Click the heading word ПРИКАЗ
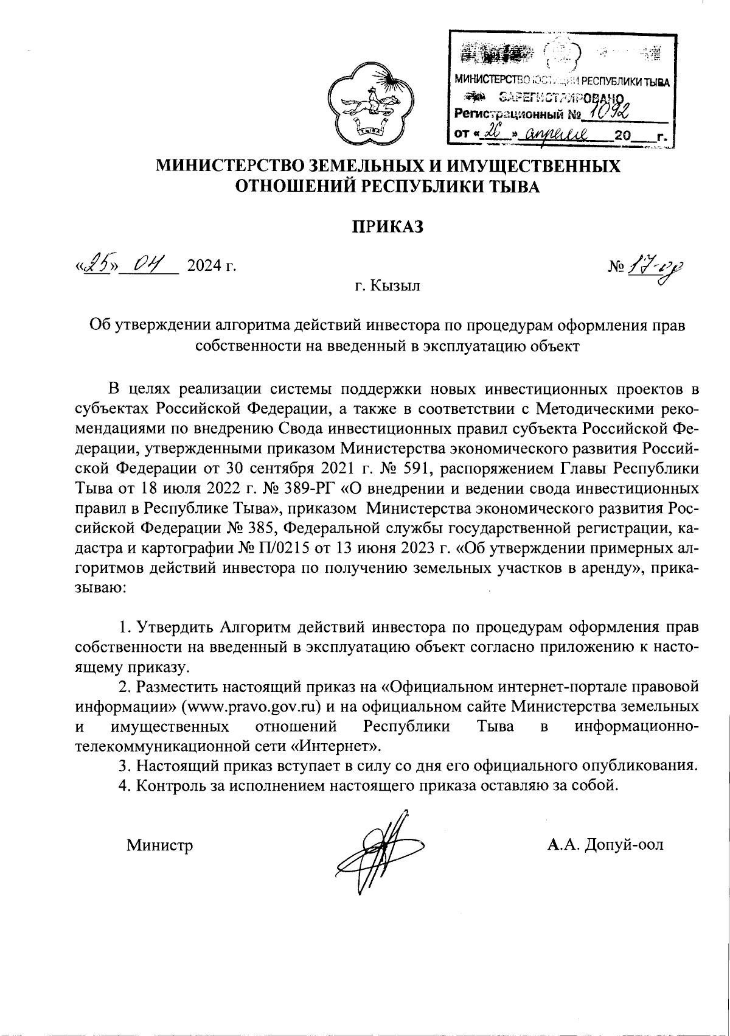click(x=388, y=227)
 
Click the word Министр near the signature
click(x=159, y=845)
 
